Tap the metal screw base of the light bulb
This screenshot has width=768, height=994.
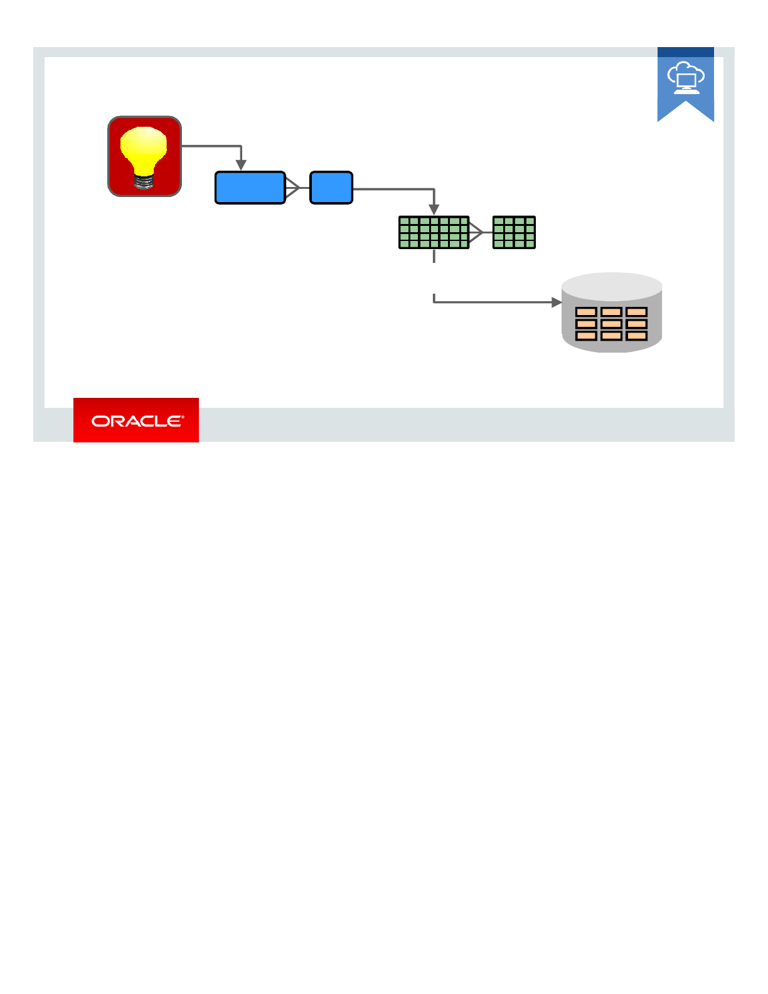[144, 182]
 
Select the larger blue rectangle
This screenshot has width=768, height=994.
[250, 188]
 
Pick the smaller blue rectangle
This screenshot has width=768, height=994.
[331, 188]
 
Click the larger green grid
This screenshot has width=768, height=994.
[434, 233]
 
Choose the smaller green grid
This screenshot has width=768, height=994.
[514, 233]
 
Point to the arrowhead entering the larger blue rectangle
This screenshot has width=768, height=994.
[241, 166]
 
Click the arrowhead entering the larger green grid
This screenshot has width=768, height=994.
[434, 210]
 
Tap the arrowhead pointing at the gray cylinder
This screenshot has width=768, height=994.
[556, 302]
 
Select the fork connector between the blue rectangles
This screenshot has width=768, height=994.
[295, 188]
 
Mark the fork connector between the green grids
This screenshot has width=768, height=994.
[478, 233]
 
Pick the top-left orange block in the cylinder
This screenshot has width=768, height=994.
[586, 312]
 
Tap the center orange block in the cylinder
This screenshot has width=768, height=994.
[611, 324]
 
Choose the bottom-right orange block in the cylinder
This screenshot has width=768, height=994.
[636, 336]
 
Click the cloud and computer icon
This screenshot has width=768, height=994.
[686, 78]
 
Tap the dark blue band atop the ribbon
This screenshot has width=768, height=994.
[686, 52]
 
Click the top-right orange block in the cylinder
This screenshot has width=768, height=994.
[636, 312]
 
